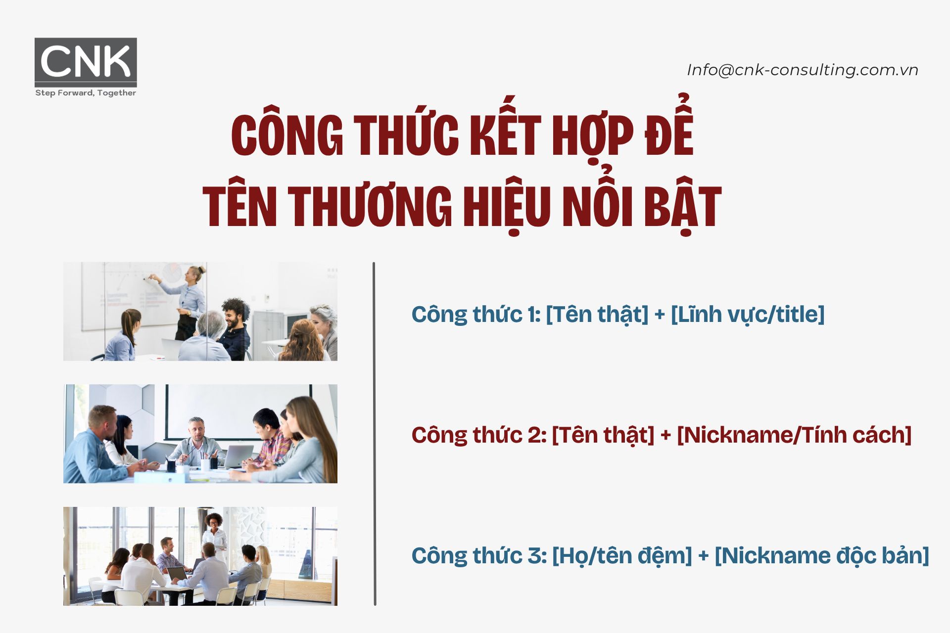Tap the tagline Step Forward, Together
click(x=86, y=93)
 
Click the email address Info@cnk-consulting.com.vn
click(x=802, y=70)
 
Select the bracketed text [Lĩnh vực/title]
click(x=747, y=315)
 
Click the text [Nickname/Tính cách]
click(x=794, y=435)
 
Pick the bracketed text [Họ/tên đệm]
click(x=621, y=556)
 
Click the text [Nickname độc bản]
click(x=821, y=556)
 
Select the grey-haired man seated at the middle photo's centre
click(x=197, y=440)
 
